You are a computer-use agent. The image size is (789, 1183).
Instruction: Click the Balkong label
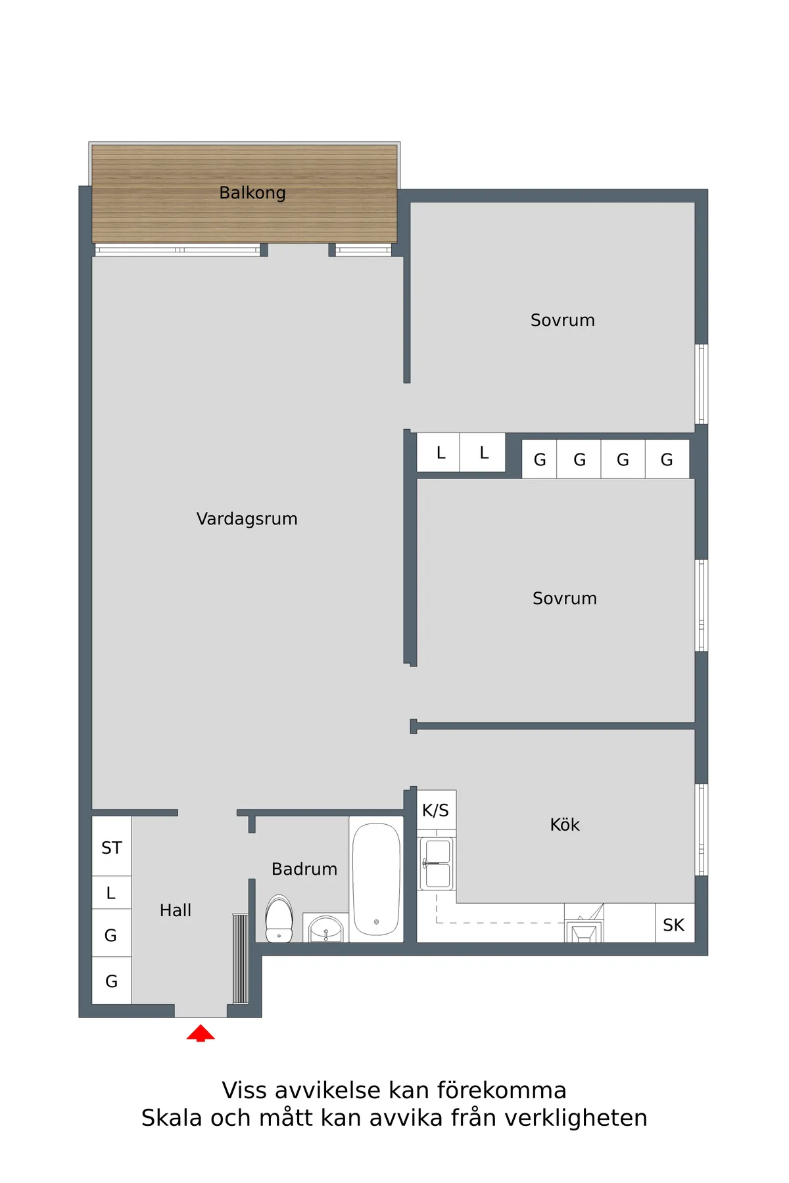pyautogui.click(x=252, y=193)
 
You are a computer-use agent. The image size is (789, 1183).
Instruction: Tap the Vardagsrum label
pyautogui.click(x=247, y=519)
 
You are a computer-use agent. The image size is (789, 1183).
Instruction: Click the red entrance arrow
pyautogui.click(x=201, y=1032)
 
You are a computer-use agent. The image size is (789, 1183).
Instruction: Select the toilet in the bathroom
pyautogui.click(x=279, y=919)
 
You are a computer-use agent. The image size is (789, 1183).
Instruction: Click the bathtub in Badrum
pyautogui.click(x=376, y=879)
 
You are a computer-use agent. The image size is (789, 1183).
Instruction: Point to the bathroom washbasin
pyautogui.click(x=325, y=928)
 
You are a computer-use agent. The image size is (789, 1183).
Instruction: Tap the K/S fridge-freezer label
pyautogui.click(x=435, y=810)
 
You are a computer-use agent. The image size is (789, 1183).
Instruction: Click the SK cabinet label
pyautogui.click(x=674, y=925)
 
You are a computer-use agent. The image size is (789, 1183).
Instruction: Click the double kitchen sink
pyautogui.click(x=437, y=863)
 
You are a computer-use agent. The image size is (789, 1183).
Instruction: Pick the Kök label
pyautogui.click(x=565, y=825)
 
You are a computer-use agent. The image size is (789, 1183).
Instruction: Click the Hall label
pyautogui.click(x=176, y=910)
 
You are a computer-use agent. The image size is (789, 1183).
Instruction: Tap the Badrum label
pyautogui.click(x=304, y=869)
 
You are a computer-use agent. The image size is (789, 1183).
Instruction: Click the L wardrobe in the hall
pyautogui.click(x=112, y=893)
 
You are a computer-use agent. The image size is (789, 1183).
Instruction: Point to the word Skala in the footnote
pyautogui.click(x=172, y=1117)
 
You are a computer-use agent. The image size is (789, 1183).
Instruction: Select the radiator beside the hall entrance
pyautogui.click(x=241, y=958)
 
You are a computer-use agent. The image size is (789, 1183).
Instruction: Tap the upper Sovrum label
pyautogui.click(x=563, y=320)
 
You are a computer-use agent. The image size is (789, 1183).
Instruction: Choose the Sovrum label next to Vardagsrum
pyautogui.click(x=565, y=598)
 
